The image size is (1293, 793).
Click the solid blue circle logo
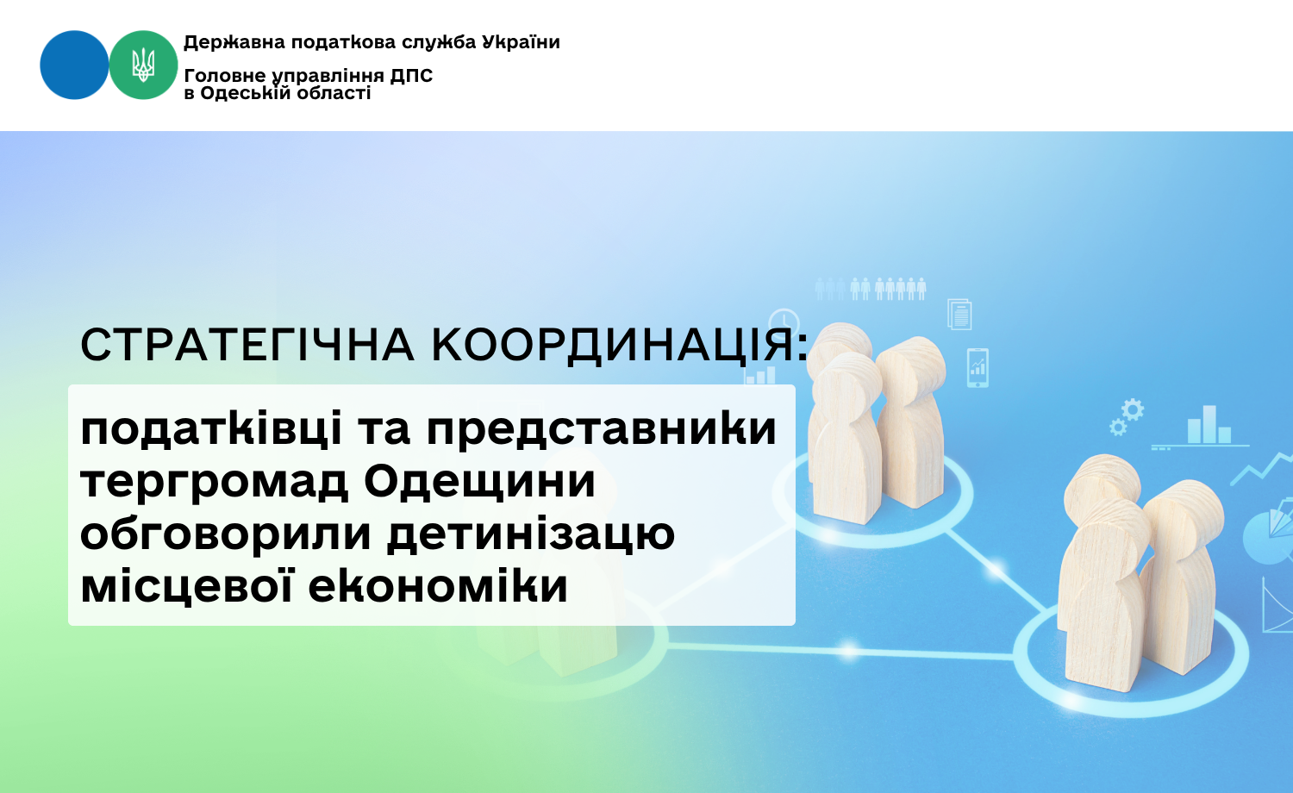[x=74, y=66]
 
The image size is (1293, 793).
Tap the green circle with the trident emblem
[x=143, y=66]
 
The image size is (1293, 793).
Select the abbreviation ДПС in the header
[x=411, y=76]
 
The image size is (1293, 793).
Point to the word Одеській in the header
[x=249, y=92]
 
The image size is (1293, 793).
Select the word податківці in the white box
[x=212, y=428]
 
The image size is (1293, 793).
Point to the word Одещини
[x=479, y=483]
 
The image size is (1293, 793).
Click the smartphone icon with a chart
[x=978, y=368]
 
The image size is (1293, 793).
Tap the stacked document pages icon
[x=959, y=314]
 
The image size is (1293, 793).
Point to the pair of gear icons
[x=1126, y=416]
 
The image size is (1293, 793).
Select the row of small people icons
[x=871, y=289]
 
